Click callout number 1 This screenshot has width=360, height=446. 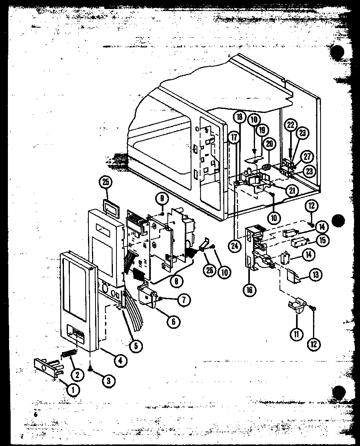tap(73, 390)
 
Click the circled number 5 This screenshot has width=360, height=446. tap(136, 346)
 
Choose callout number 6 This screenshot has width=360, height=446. tap(172, 321)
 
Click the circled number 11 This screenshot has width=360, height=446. tap(296, 335)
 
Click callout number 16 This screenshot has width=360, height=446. tap(249, 290)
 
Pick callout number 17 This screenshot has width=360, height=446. tap(234, 138)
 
